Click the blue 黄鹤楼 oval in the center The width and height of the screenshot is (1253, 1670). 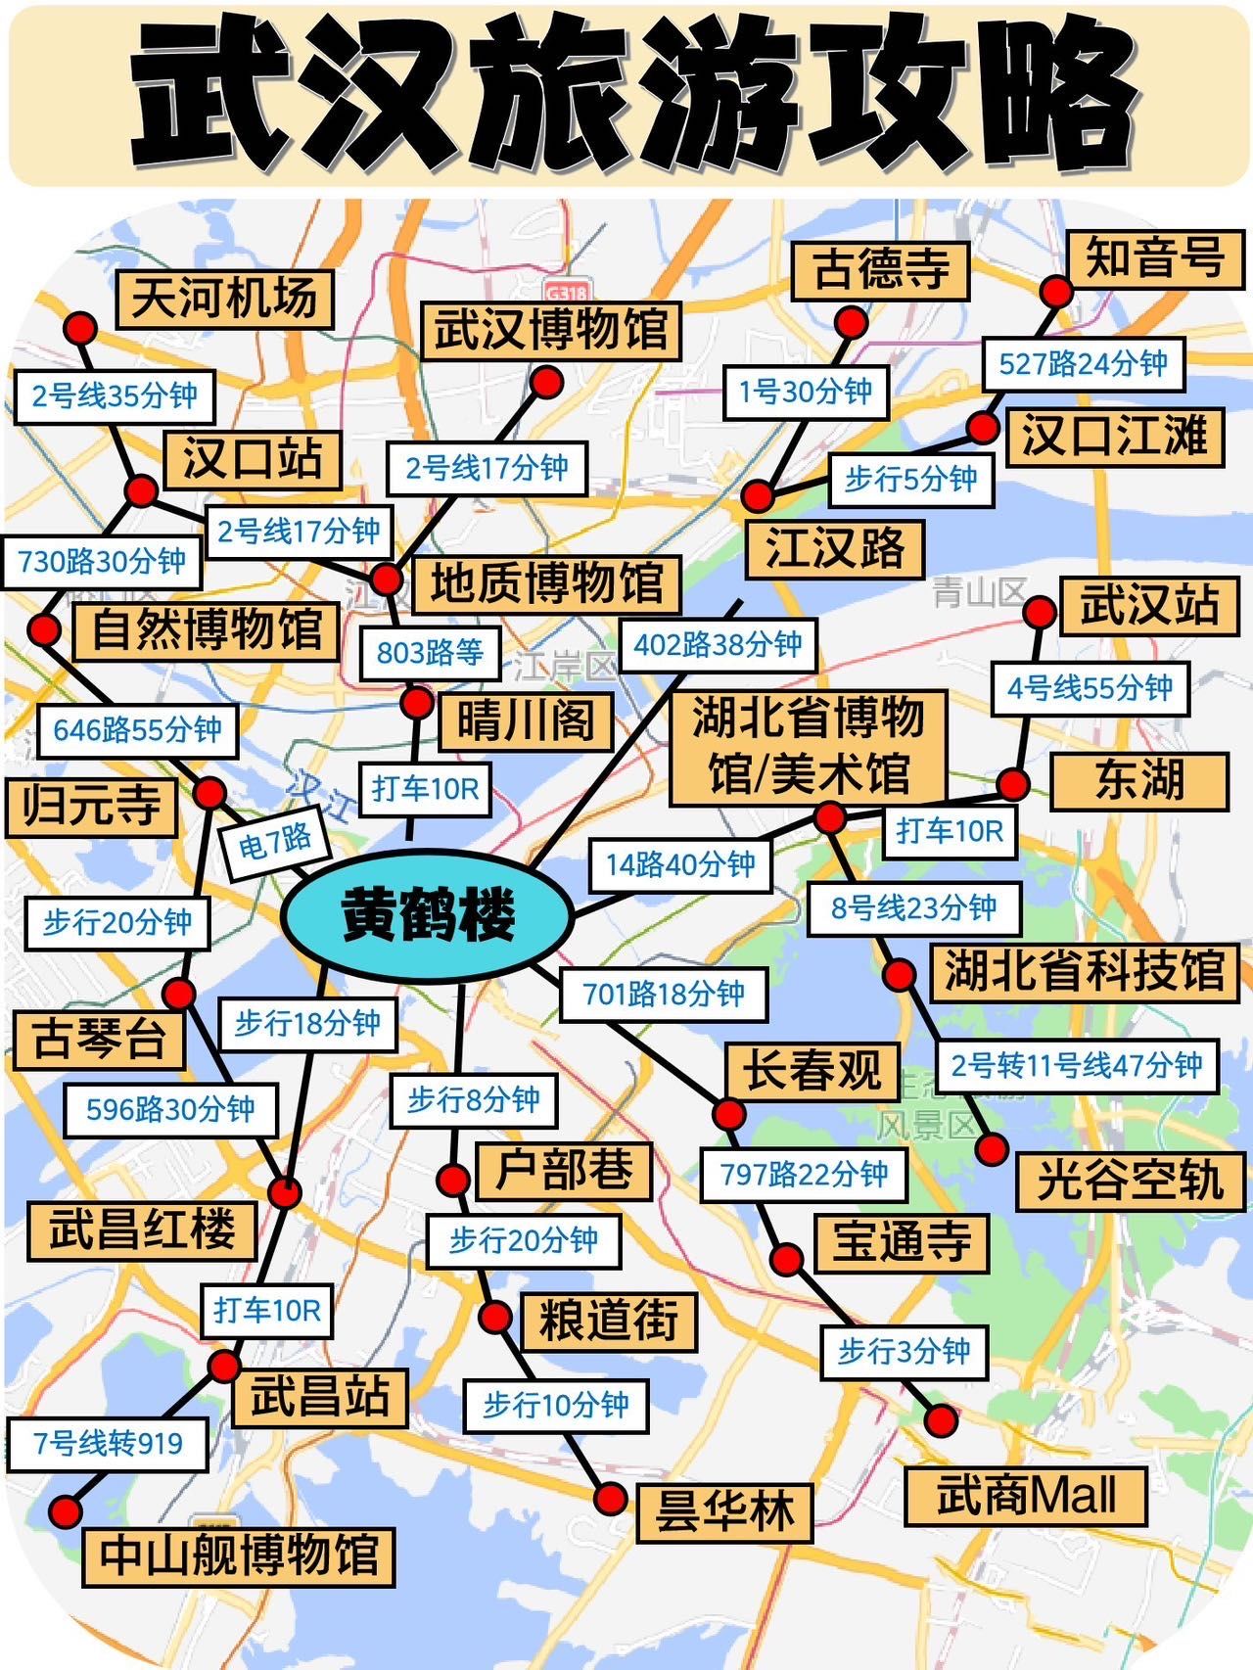tap(427, 915)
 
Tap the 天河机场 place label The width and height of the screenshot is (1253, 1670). tap(224, 298)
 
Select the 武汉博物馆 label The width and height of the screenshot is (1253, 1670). tap(551, 330)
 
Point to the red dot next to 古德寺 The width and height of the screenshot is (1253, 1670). tap(851, 322)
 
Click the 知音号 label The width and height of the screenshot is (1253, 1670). tap(1154, 259)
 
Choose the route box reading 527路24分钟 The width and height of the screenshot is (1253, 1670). tap(1083, 364)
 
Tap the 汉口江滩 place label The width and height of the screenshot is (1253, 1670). tap(1115, 436)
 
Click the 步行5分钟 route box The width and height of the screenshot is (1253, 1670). tap(910, 479)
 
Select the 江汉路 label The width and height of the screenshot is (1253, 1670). tap(835, 548)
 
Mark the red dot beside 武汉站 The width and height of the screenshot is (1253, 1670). tap(1039, 613)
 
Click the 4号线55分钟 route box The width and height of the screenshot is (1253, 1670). tap(1090, 687)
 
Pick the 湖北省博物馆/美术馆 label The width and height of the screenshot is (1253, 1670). tap(809, 746)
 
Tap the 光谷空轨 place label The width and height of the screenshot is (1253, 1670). tap(1130, 1180)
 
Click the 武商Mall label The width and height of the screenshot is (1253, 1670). tap(1025, 1496)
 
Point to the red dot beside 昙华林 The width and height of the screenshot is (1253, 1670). tap(610, 1497)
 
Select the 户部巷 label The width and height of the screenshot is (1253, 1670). tap(564, 1171)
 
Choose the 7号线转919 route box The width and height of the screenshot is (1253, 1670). tap(108, 1444)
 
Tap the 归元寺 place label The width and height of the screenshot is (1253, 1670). tap(91, 807)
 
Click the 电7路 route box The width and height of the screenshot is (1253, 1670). tap(275, 840)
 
